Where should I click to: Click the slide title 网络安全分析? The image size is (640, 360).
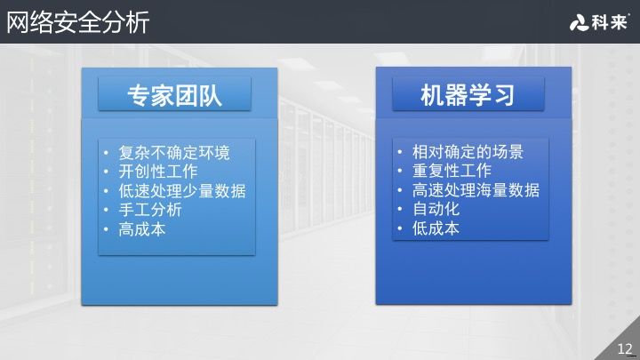click(x=78, y=22)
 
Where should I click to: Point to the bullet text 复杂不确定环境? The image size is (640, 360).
click(x=173, y=153)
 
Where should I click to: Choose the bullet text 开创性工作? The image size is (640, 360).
click(x=157, y=172)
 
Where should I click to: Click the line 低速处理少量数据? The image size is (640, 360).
click(x=181, y=191)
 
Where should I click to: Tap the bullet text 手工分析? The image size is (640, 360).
click(x=149, y=210)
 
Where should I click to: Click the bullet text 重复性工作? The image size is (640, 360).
click(x=452, y=171)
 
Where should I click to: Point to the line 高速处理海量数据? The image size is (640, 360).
click(x=476, y=190)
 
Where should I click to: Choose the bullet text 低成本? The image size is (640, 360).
click(x=436, y=228)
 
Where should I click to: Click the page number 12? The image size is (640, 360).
click(x=624, y=348)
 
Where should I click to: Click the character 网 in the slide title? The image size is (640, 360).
click(x=19, y=22)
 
